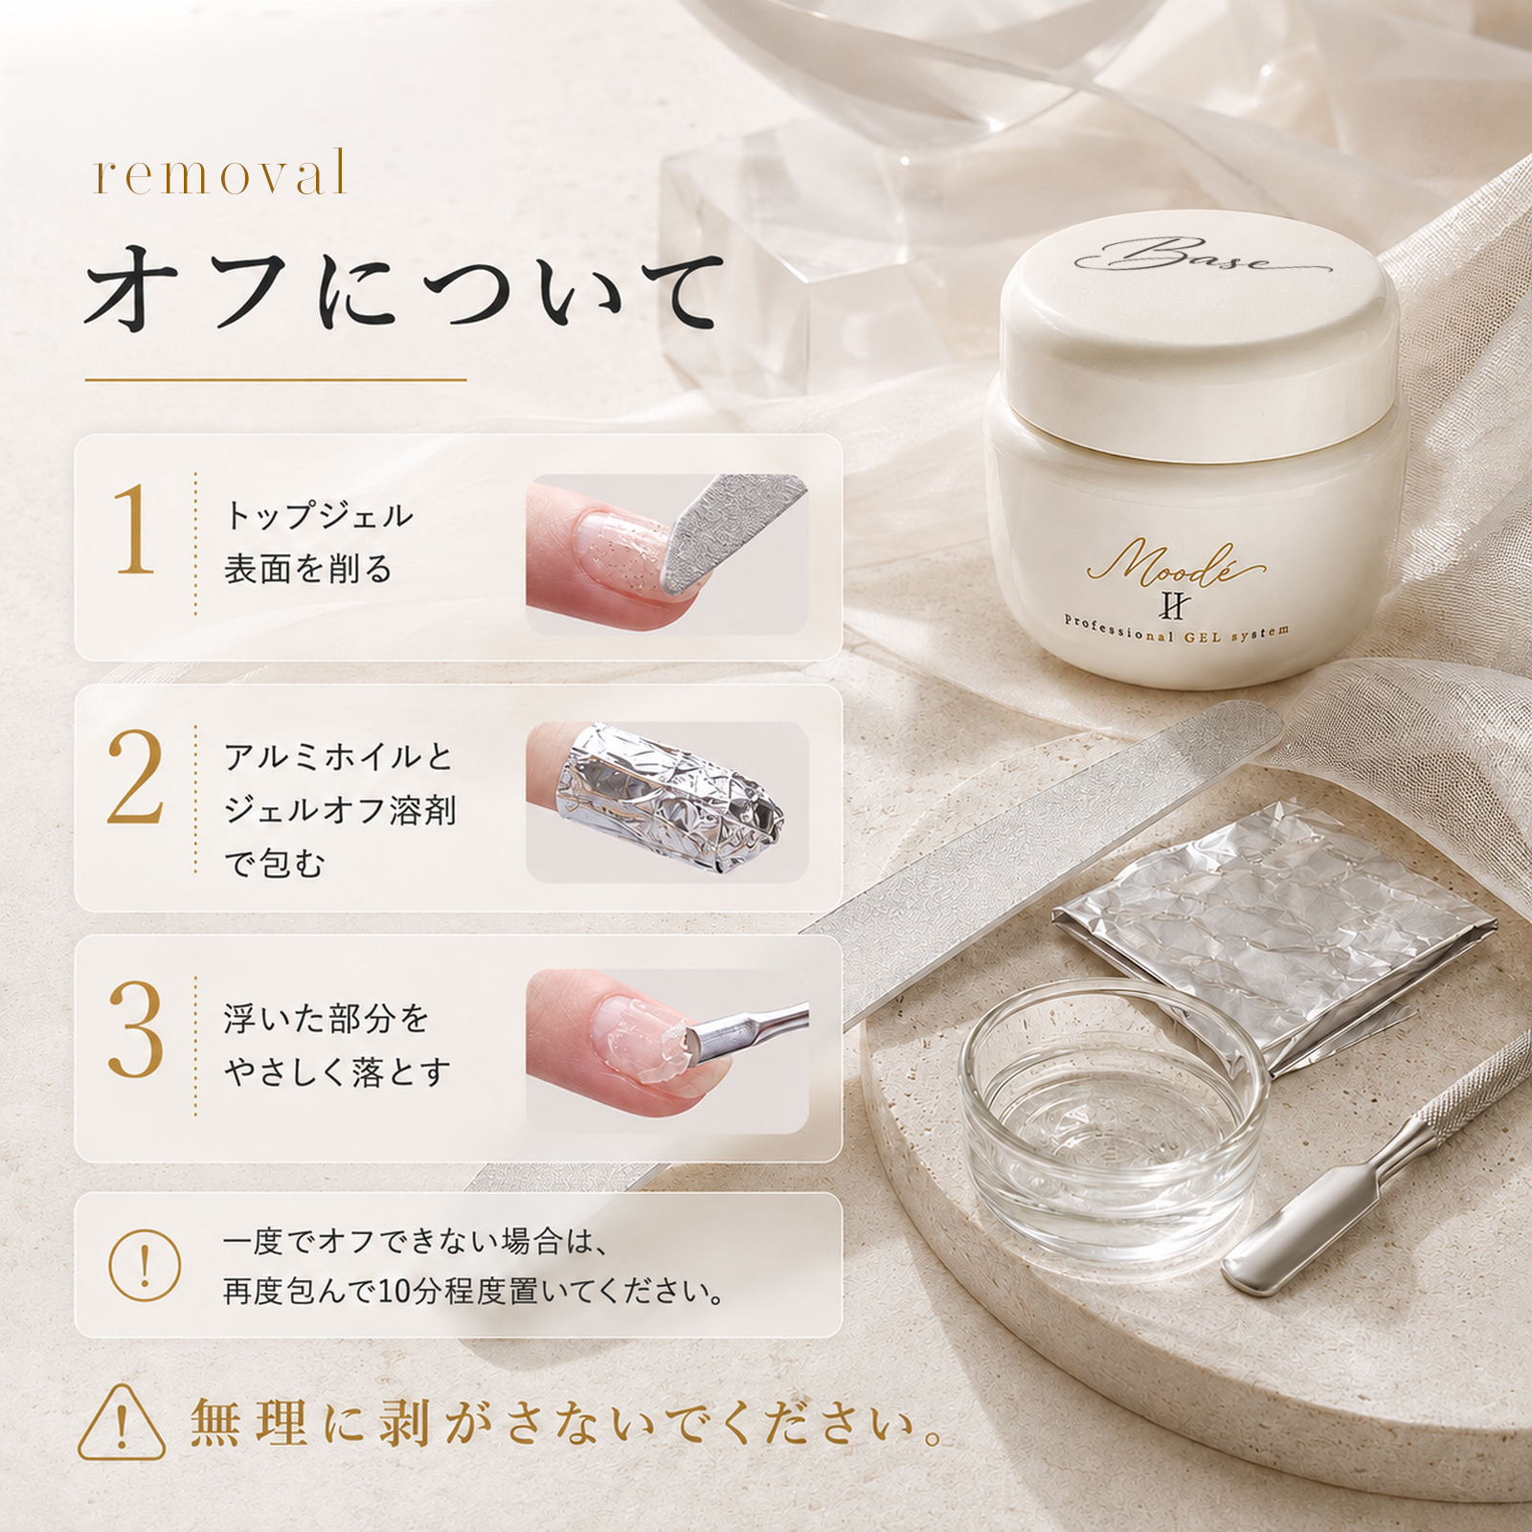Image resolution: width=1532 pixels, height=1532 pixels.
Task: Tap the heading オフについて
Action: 402,291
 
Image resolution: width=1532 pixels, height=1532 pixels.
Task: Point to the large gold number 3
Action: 135,1031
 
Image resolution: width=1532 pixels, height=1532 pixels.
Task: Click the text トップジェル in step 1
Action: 319,516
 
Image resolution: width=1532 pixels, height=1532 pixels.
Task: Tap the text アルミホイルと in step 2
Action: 338,756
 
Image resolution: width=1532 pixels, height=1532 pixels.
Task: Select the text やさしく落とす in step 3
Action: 337,1072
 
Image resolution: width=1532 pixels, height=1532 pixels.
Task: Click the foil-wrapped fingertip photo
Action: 667,800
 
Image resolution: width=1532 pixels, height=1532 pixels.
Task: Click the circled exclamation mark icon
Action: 145,1265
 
